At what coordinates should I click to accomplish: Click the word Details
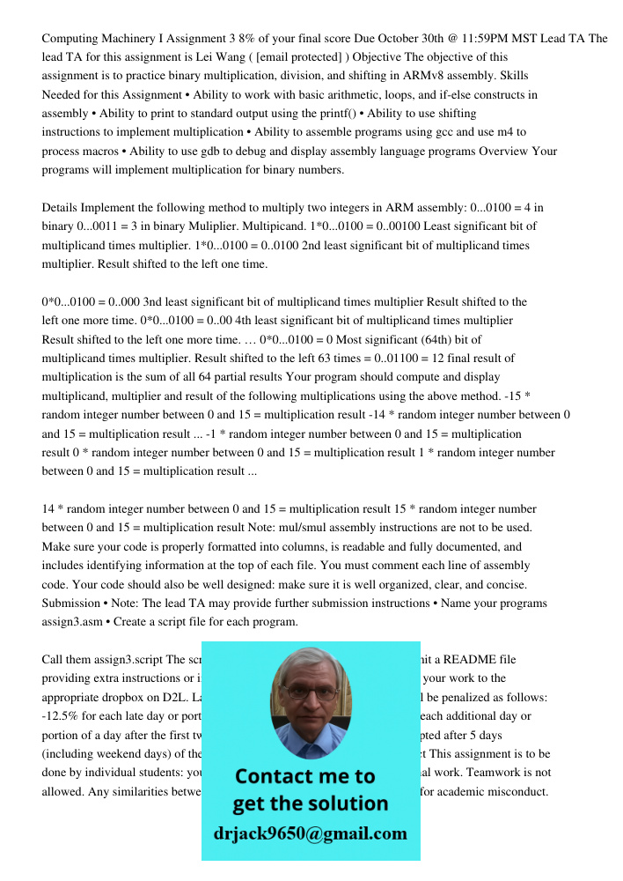60,208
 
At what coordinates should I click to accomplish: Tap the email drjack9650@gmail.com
311,833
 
